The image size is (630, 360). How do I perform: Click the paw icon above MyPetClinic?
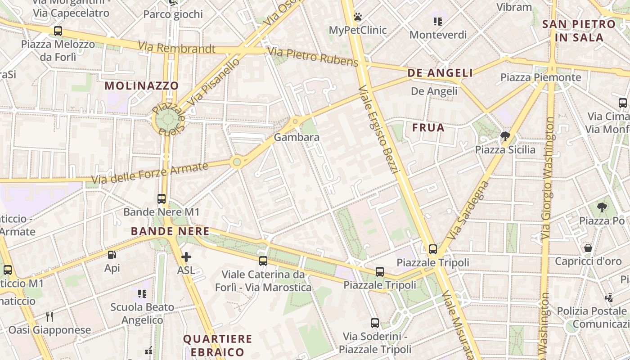click(358, 17)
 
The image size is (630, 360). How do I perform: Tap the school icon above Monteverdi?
click(438, 21)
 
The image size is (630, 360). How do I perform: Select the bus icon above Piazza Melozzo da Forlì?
click(58, 31)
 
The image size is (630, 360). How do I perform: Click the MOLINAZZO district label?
click(142, 85)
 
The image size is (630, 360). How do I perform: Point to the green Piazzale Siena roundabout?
click(167, 120)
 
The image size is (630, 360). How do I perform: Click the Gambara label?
click(297, 137)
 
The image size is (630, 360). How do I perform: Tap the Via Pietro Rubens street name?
click(313, 56)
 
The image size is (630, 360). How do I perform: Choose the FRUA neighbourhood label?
click(428, 128)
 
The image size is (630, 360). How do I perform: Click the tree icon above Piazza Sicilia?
click(505, 136)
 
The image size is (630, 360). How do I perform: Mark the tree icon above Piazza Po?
click(602, 207)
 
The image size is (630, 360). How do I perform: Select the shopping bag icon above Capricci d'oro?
click(588, 248)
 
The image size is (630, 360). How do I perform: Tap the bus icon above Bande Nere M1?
click(162, 198)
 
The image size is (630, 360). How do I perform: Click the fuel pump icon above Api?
click(112, 255)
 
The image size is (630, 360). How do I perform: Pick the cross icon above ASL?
click(186, 257)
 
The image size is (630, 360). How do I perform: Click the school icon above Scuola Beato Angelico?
click(142, 294)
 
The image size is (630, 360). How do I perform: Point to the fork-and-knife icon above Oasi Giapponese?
click(49, 316)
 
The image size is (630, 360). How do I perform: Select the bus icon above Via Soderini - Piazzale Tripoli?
click(375, 323)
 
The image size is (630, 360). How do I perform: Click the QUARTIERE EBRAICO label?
click(217, 345)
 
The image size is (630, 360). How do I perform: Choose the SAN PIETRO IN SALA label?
click(579, 31)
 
